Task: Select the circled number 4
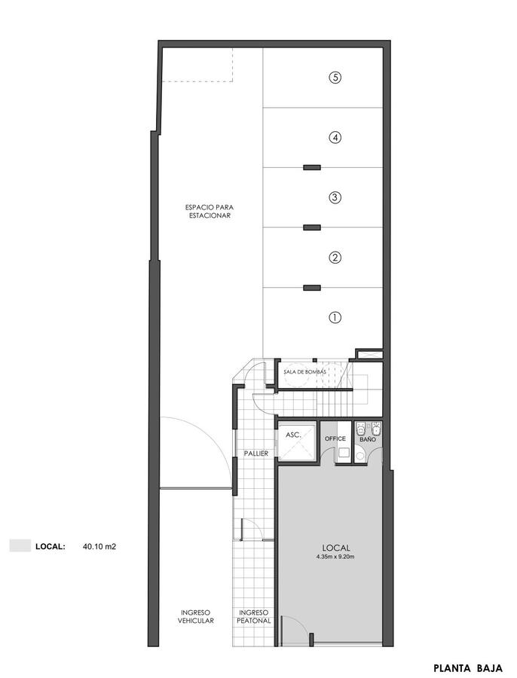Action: pos(335,138)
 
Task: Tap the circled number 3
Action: pos(335,197)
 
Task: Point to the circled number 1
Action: pos(335,317)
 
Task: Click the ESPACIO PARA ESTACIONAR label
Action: pos(210,211)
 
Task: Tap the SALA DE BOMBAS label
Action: pos(304,372)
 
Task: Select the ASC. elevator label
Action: pos(293,435)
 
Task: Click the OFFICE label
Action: pos(335,438)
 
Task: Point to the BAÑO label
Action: pos(369,439)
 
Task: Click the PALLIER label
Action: pos(256,454)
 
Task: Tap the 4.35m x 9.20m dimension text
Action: pos(335,557)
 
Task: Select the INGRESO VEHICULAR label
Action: pos(195,616)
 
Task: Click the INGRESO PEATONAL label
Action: pos(254,616)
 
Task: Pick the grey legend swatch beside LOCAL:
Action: pos(20,545)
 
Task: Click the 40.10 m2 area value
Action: pos(99,547)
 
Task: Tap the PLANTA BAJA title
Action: pos(468,668)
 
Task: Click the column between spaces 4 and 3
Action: pos(312,167)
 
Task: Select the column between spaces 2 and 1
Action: pos(312,288)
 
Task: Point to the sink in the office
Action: pos(344,453)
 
